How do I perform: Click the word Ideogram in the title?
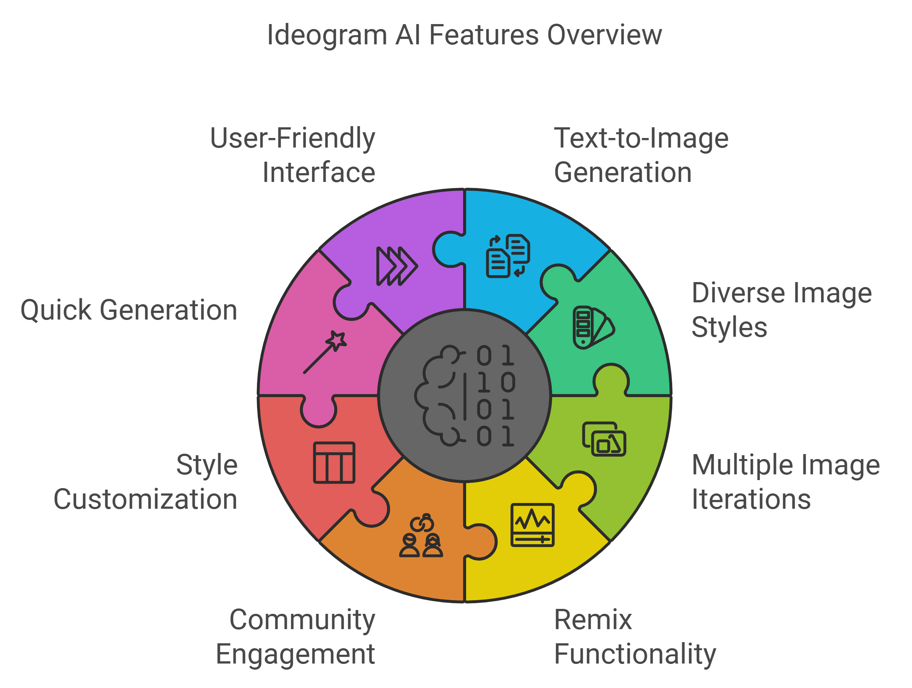coord(327,35)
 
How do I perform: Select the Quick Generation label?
coord(128,310)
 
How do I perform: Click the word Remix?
coord(593,620)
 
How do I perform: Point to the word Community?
coord(302,620)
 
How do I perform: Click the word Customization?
coord(145,499)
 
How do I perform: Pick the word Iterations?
coord(751,499)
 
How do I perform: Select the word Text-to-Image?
coord(641,138)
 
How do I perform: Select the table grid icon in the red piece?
coord(334,462)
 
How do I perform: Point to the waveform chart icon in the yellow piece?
coord(532,525)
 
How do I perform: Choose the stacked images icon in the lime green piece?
coord(604,439)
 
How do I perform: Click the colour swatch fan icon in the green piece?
coord(593,327)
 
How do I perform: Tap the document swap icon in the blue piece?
coord(508,256)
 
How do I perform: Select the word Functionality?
coord(635,654)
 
